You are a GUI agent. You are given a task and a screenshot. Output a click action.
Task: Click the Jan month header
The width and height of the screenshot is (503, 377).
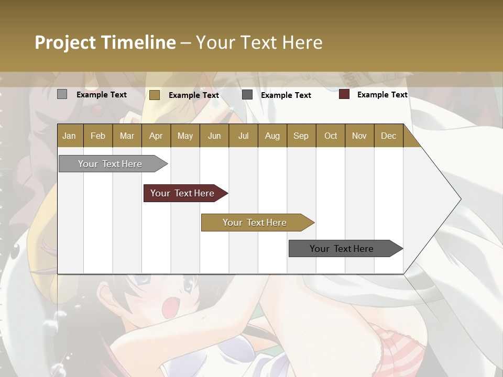click(x=70, y=136)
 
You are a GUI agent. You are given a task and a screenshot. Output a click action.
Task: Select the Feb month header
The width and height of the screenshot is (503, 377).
click(x=98, y=136)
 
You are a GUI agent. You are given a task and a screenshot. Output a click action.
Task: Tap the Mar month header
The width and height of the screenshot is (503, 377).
click(x=127, y=136)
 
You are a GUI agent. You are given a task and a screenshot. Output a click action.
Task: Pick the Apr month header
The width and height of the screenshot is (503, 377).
click(x=156, y=136)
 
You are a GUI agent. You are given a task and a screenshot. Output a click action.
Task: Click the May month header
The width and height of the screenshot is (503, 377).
click(x=185, y=136)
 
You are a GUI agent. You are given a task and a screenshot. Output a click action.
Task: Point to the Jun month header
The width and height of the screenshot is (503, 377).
click(x=214, y=136)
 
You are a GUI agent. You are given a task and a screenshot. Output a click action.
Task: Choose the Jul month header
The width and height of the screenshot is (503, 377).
click(x=243, y=136)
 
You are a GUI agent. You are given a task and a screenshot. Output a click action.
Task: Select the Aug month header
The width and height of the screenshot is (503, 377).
click(x=272, y=136)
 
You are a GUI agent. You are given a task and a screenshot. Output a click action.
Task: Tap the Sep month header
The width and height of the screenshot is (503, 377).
click(x=301, y=136)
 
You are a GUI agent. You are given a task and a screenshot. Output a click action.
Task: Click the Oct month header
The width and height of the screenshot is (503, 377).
click(x=331, y=136)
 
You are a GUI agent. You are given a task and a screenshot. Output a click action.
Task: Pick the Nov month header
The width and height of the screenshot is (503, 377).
click(x=359, y=136)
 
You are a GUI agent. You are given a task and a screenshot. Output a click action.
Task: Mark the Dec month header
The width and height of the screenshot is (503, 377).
click(x=389, y=136)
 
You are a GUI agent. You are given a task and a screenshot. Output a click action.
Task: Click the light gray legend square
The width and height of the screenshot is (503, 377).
click(x=62, y=94)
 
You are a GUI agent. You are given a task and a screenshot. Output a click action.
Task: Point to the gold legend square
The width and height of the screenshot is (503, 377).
click(x=155, y=95)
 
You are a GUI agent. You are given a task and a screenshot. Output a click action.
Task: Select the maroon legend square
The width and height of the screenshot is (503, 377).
click(x=344, y=94)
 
